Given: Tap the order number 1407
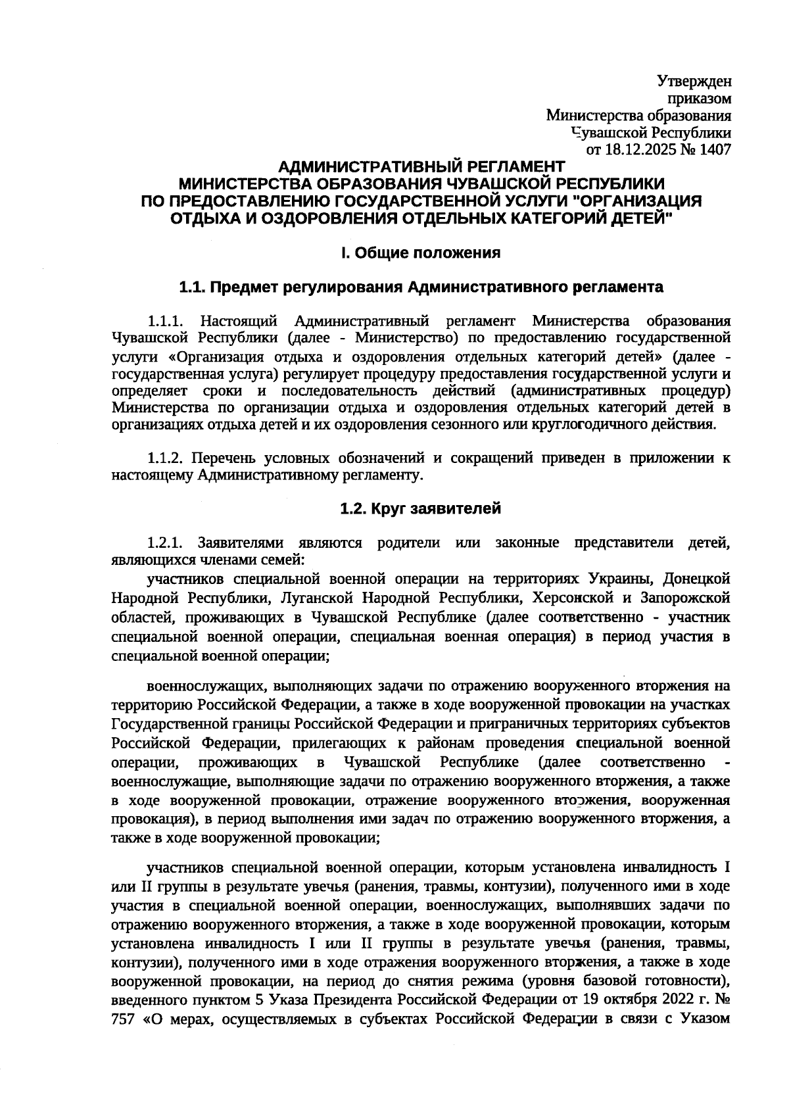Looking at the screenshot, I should click(715, 150).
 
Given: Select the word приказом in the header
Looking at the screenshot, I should click(700, 99).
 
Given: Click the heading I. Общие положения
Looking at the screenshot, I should click(421, 253).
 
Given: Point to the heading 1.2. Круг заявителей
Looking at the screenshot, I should click(421, 508).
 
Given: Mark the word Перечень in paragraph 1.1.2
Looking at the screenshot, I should click(232, 458).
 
